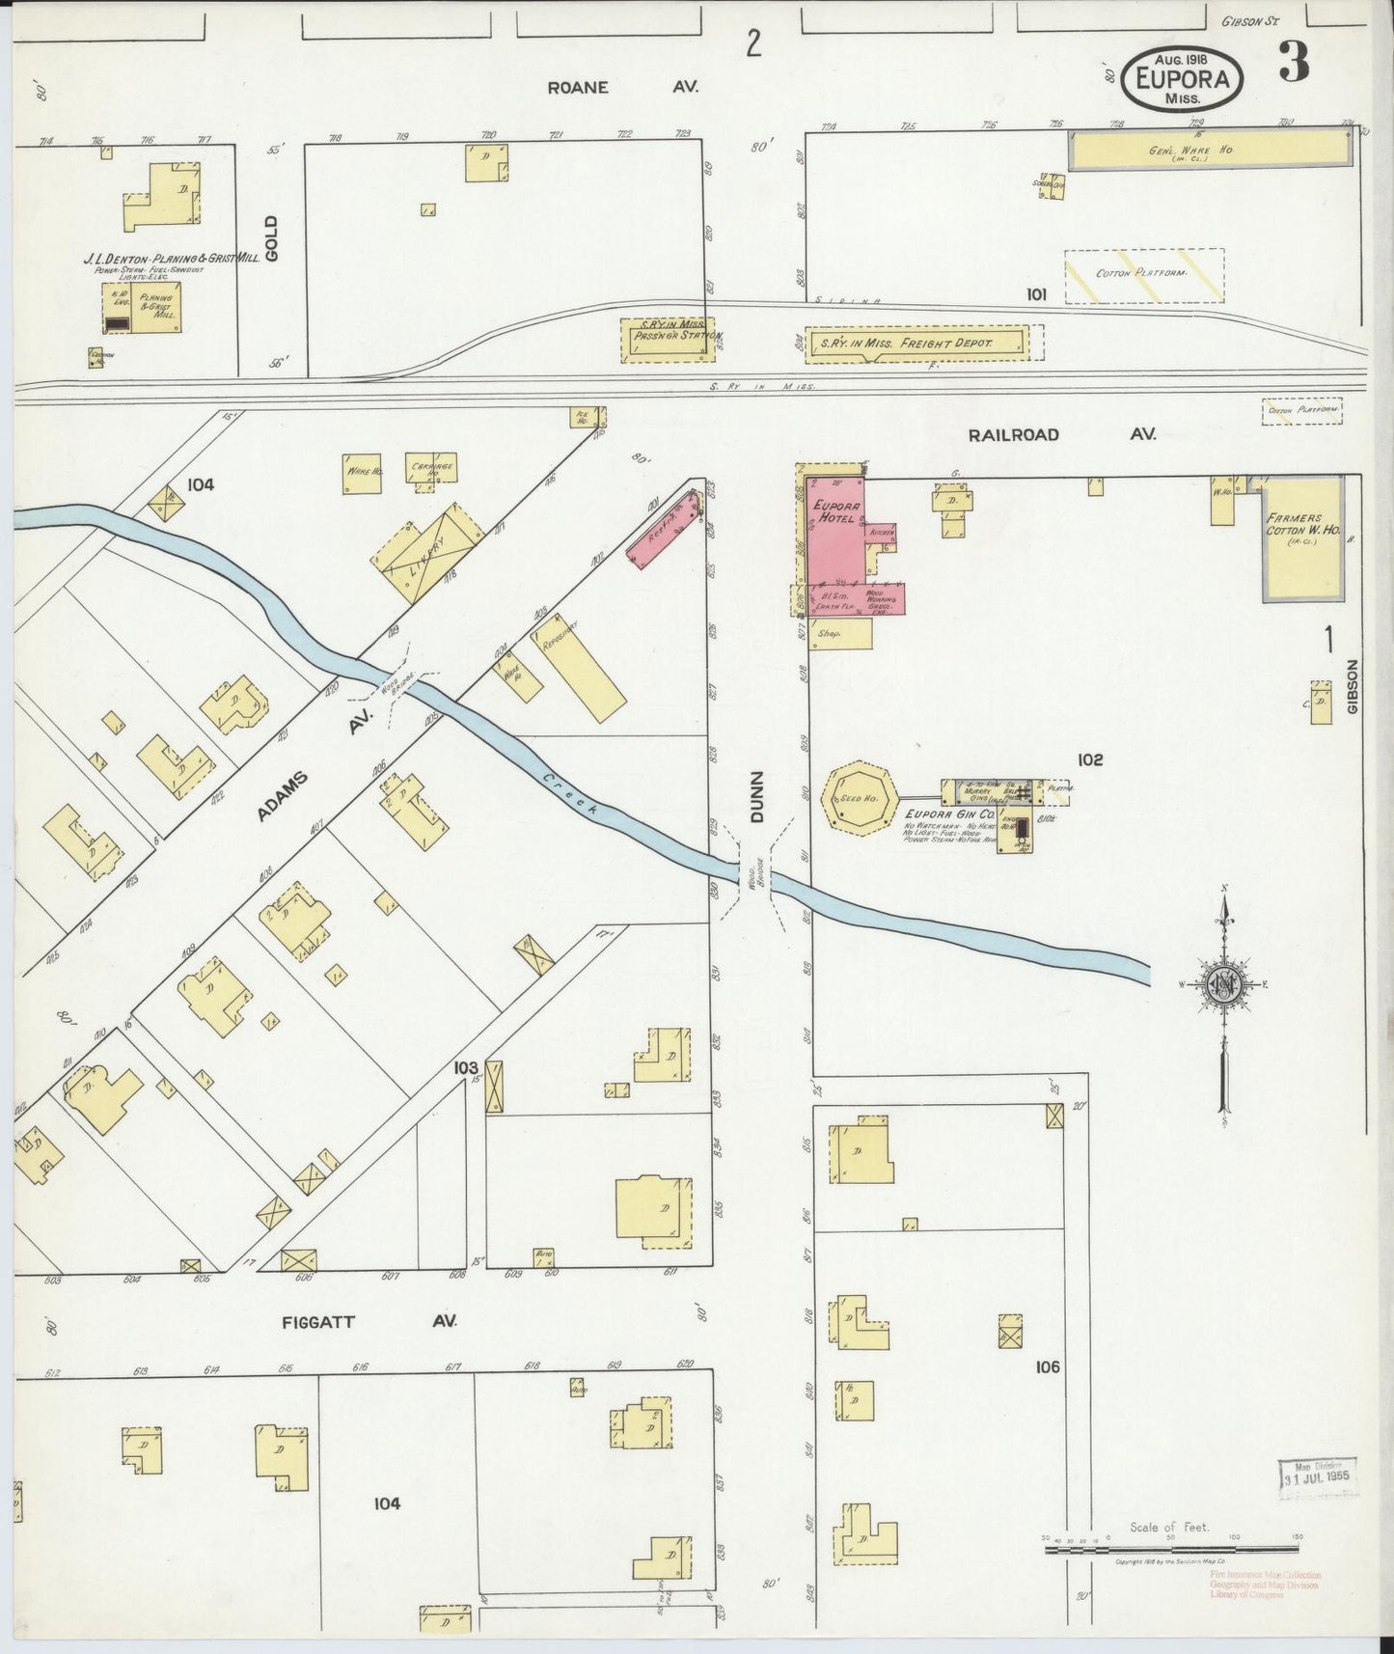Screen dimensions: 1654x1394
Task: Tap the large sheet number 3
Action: pos(1294,64)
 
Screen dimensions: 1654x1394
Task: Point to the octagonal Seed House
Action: pos(859,796)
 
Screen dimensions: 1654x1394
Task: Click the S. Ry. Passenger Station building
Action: pos(670,339)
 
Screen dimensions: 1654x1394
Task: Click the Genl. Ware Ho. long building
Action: pos(1210,149)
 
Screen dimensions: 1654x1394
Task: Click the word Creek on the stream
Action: pos(568,796)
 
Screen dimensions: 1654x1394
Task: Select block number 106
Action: pos(1047,1366)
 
